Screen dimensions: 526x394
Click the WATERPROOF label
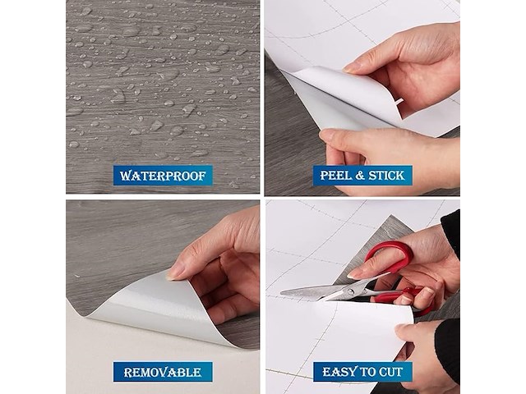pos(163,175)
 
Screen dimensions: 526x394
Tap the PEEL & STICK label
pos(362,175)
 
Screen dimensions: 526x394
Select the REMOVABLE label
pos(163,372)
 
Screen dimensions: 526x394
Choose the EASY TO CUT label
pos(362,372)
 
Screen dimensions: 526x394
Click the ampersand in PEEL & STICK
pos(361,176)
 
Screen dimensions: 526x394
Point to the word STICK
pos(386,176)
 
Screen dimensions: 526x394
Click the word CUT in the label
pos(390,372)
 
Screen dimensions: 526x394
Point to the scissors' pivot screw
pos(351,291)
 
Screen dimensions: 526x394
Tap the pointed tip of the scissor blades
pos(281,292)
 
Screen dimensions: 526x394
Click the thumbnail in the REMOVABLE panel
pos(175,271)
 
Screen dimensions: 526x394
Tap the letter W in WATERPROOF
pos(126,176)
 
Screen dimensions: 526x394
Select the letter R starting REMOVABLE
pos(128,372)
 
